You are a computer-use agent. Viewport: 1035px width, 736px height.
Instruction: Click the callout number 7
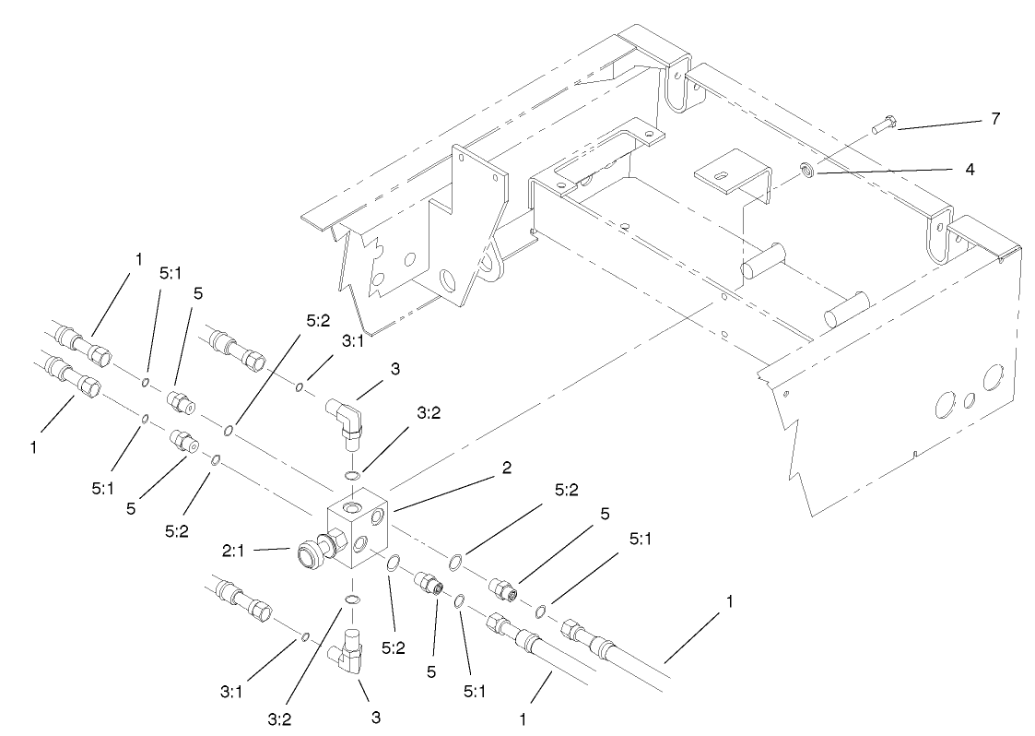coord(994,120)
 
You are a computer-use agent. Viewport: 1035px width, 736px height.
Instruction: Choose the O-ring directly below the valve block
coord(352,599)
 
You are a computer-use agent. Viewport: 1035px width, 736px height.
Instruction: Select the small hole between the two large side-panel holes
coord(968,400)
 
